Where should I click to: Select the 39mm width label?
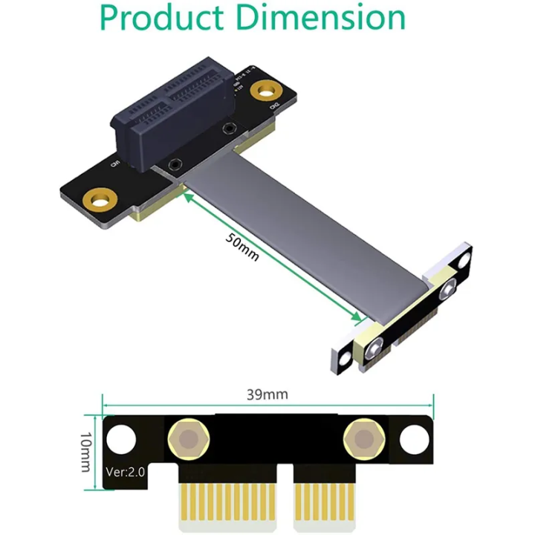click(x=267, y=394)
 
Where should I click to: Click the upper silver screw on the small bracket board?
click(x=448, y=290)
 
